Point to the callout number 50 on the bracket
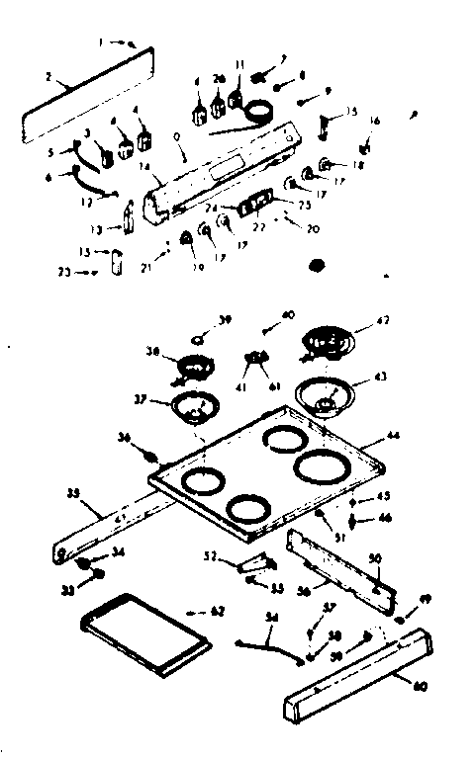click(374, 559)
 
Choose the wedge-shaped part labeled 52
click(255, 563)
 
